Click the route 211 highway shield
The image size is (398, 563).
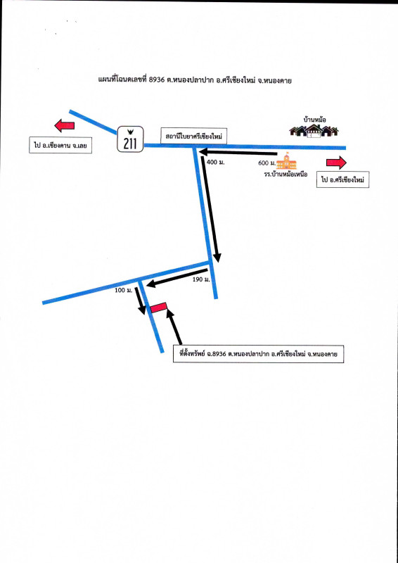(130, 139)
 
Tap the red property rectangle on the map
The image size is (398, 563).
(159, 308)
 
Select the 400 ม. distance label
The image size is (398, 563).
(216, 163)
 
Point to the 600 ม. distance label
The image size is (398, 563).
(267, 163)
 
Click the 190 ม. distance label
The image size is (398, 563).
(201, 279)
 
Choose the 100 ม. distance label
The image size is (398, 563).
(124, 290)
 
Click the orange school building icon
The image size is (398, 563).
(287, 161)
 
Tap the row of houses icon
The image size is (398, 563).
(314, 132)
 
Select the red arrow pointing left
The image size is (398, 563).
(65, 126)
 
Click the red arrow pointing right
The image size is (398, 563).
(336, 163)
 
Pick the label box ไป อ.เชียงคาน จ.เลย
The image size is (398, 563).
(60, 146)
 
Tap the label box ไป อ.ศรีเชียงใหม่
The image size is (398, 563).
(342, 180)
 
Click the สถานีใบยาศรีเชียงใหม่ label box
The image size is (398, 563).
(195, 136)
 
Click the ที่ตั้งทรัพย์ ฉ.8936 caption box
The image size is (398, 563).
(258, 354)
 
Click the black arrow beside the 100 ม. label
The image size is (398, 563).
(140, 301)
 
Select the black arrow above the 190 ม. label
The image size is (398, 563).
(177, 277)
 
